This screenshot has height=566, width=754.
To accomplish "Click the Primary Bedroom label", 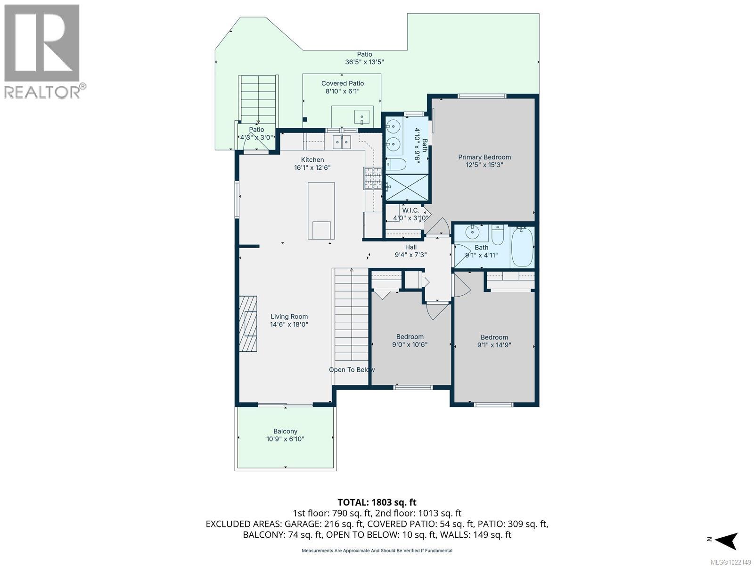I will point(484,157).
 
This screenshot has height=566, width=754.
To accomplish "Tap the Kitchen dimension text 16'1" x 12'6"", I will point(312,168).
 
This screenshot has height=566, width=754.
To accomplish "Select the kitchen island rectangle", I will point(321,211).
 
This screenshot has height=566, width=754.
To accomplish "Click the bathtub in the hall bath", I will point(522,247).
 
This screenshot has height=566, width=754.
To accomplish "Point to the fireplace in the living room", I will point(248,324).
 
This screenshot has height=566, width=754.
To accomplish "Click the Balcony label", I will point(285,431).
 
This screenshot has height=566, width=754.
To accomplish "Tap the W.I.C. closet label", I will point(410,210).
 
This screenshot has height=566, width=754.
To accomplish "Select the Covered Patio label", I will point(343,83).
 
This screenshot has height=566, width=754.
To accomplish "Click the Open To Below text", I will point(352,370).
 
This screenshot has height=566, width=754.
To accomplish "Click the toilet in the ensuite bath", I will point(396,165).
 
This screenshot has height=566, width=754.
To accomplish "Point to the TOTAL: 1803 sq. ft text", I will point(377,502).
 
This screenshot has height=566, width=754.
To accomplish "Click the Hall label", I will point(410,247).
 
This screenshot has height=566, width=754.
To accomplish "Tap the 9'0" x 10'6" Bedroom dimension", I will point(410,344).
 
